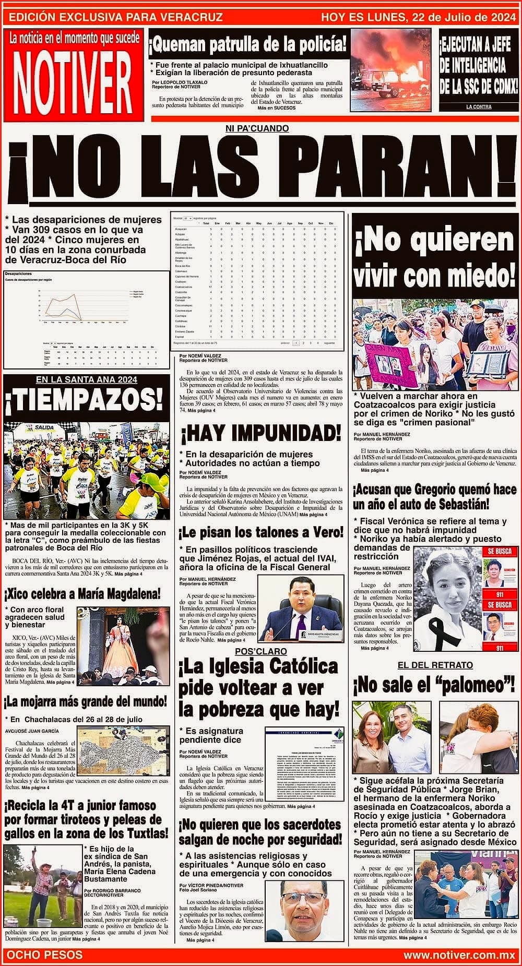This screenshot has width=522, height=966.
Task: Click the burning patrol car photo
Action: click(x=390, y=71)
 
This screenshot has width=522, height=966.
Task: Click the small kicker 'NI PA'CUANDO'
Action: click(x=257, y=128)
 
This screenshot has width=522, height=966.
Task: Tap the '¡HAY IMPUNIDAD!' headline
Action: click(x=260, y=433)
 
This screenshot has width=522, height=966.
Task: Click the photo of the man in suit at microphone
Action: click(x=301, y=609)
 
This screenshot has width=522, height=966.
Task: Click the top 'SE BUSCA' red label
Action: click(x=499, y=551)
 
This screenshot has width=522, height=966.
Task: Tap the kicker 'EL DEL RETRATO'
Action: click(x=435, y=665)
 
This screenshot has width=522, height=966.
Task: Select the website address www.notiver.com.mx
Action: click(x=459, y=955)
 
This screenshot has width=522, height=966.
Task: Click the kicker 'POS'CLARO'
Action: click(x=260, y=651)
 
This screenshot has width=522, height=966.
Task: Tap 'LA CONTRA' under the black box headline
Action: click(x=478, y=107)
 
